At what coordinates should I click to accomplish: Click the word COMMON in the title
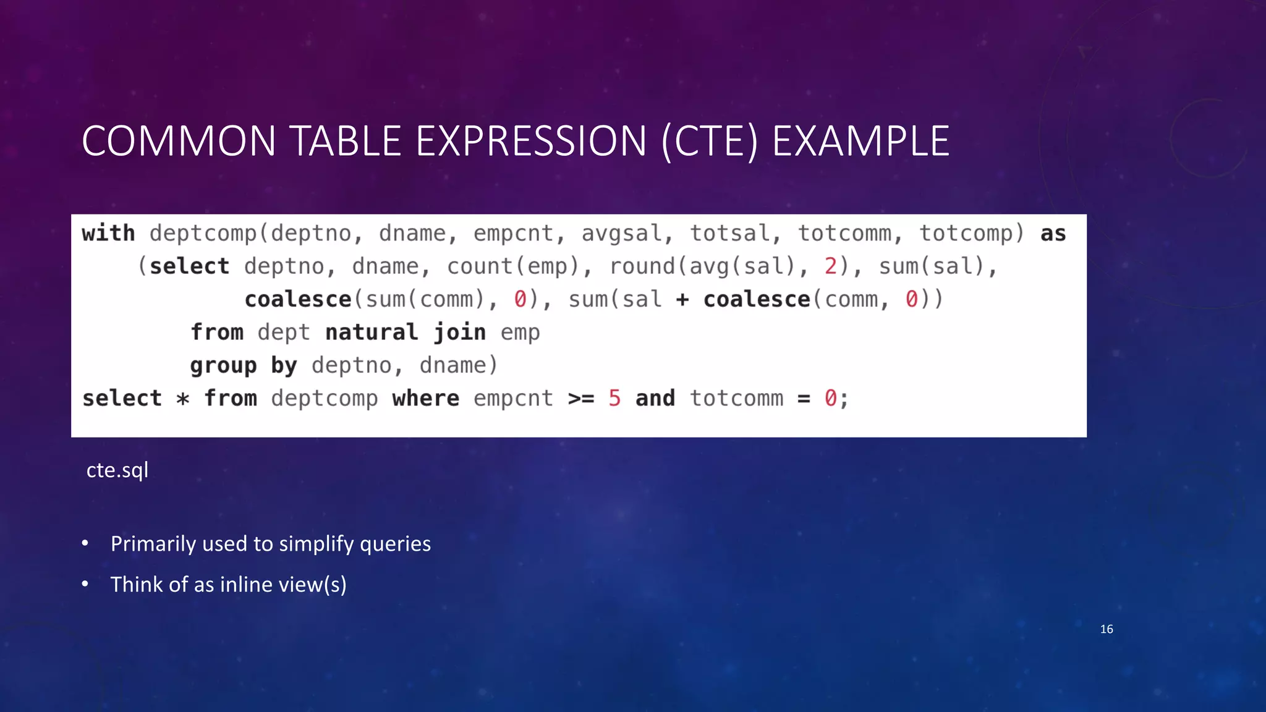pos(179,142)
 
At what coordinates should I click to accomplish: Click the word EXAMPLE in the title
pos(860,142)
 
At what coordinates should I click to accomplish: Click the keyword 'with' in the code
pos(108,234)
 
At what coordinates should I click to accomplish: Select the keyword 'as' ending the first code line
pos(1053,234)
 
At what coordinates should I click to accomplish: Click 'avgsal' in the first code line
pos(621,234)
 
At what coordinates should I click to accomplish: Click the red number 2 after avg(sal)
pos(830,266)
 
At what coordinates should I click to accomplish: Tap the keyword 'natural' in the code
pos(372,333)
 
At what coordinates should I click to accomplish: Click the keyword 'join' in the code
pos(459,333)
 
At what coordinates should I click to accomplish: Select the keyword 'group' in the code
pos(223,366)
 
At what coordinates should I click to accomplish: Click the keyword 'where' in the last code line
pos(425,399)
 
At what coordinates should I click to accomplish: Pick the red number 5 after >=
pos(614,399)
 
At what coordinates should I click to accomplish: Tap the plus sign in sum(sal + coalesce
pos(682,300)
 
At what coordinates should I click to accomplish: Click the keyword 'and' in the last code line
pos(655,399)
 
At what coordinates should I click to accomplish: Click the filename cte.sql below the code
pos(117,470)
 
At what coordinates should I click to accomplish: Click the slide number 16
pos(1107,629)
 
